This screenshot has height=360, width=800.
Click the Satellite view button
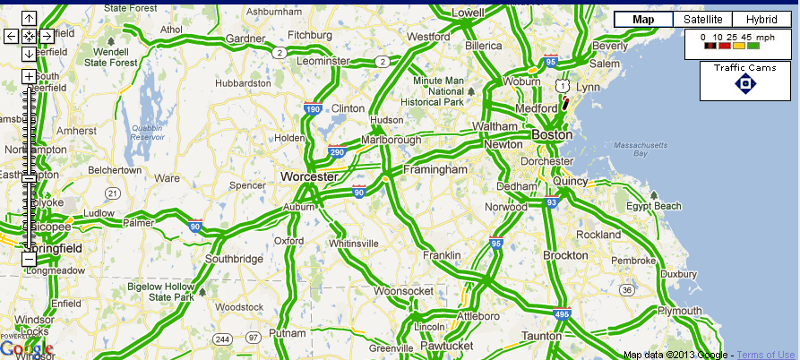click(x=703, y=20)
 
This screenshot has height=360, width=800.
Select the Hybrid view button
click(x=761, y=20)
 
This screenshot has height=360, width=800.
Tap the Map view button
click(x=643, y=20)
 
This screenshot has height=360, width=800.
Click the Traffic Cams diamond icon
click(x=745, y=84)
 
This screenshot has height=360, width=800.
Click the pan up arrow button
click(x=29, y=19)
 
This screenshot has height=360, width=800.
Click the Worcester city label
click(x=308, y=177)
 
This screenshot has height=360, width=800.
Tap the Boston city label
click(x=551, y=135)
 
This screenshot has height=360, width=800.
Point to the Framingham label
click(x=435, y=169)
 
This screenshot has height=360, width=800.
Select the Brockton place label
click(x=565, y=255)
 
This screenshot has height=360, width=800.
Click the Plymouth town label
click(x=680, y=310)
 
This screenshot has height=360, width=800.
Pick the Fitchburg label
click(x=310, y=35)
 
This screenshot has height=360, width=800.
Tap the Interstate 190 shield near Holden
click(x=313, y=109)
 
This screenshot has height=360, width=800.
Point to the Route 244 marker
click(x=222, y=338)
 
